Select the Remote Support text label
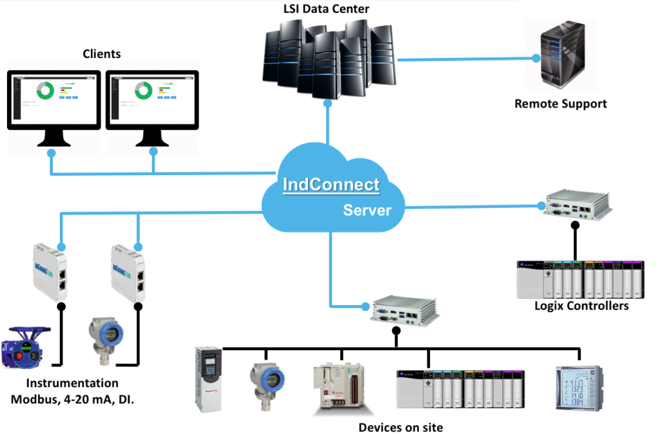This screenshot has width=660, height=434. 560,103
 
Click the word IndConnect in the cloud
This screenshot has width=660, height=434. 331,185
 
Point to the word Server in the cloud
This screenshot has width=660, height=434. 367,210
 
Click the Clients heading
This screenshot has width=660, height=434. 102,54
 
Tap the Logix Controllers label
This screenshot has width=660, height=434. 581,306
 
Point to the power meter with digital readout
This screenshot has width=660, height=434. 579,386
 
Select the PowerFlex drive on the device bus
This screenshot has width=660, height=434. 208,378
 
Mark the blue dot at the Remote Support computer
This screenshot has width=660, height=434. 536,59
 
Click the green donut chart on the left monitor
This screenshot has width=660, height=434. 45,90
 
